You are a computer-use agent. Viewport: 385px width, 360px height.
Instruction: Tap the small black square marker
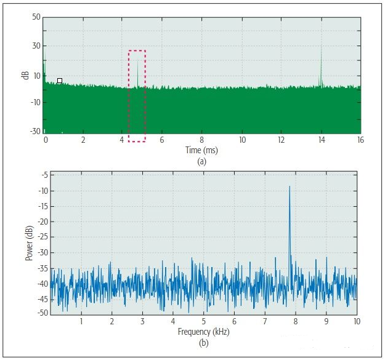(x=60, y=81)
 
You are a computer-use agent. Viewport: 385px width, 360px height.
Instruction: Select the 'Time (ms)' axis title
(x=201, y=150)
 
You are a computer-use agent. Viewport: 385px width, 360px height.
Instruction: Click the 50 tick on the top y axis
(x=36, y=17)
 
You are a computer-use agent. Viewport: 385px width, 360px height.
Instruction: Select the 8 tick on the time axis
(x=201, y=140)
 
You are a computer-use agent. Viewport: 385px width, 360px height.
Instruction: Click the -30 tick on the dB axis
(x=35, y=132)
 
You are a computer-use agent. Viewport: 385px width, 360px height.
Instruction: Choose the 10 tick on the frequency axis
(x=356, y=322)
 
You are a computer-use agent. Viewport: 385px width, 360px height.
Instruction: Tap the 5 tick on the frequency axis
(x=203, y=322)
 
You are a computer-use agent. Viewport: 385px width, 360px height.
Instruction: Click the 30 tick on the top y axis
(x=36, y=46)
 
